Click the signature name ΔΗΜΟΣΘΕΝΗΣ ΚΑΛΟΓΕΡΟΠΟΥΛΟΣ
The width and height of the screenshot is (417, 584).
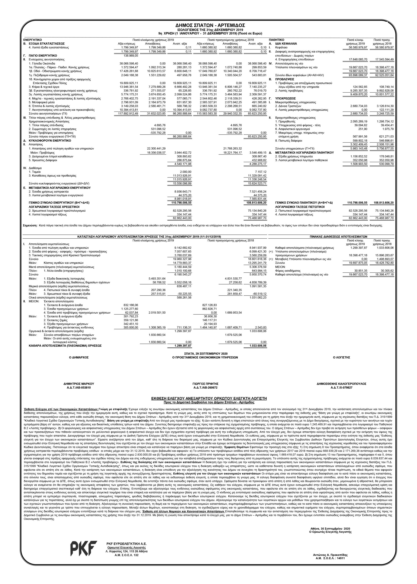[341, 384]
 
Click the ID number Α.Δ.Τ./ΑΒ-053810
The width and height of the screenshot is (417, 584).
[78, 387]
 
